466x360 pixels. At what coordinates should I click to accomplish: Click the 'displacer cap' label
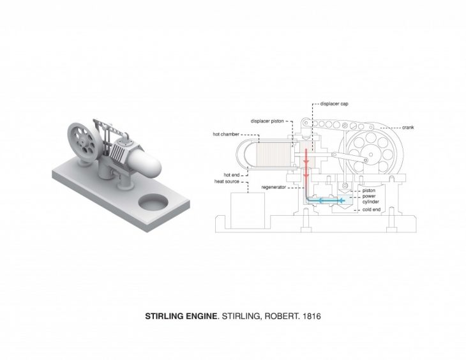click(x=334, y=104)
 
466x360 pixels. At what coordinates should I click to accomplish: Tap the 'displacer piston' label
click(x=267, y=121)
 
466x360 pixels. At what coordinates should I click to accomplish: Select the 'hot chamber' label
click(x=226, y=134)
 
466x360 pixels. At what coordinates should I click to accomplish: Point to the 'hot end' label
click(x=232, y=175)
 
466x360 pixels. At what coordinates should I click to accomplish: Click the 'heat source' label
click(x=227, y=181)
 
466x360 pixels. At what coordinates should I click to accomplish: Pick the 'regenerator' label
click(x=274, y=187)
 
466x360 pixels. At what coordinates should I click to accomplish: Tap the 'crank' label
click(x=408, y=128)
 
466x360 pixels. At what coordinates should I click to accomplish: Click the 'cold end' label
click(x=372, y=209)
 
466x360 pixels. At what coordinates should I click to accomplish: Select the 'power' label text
click(x=369, y=196)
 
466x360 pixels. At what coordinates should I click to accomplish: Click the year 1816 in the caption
click(x=312, y=316)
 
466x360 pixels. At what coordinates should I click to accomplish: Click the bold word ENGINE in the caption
click(x=202, y=316)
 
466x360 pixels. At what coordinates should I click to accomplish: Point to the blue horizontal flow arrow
click(x=326, y=201)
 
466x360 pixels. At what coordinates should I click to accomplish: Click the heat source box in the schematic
click(x=248, y=211)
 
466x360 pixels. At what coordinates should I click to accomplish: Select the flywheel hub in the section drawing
click(x=371, y=154)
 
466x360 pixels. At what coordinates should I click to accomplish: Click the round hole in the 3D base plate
click(x=153, y=202)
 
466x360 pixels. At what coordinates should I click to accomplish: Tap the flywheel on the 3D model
click(x=82, y=142)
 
